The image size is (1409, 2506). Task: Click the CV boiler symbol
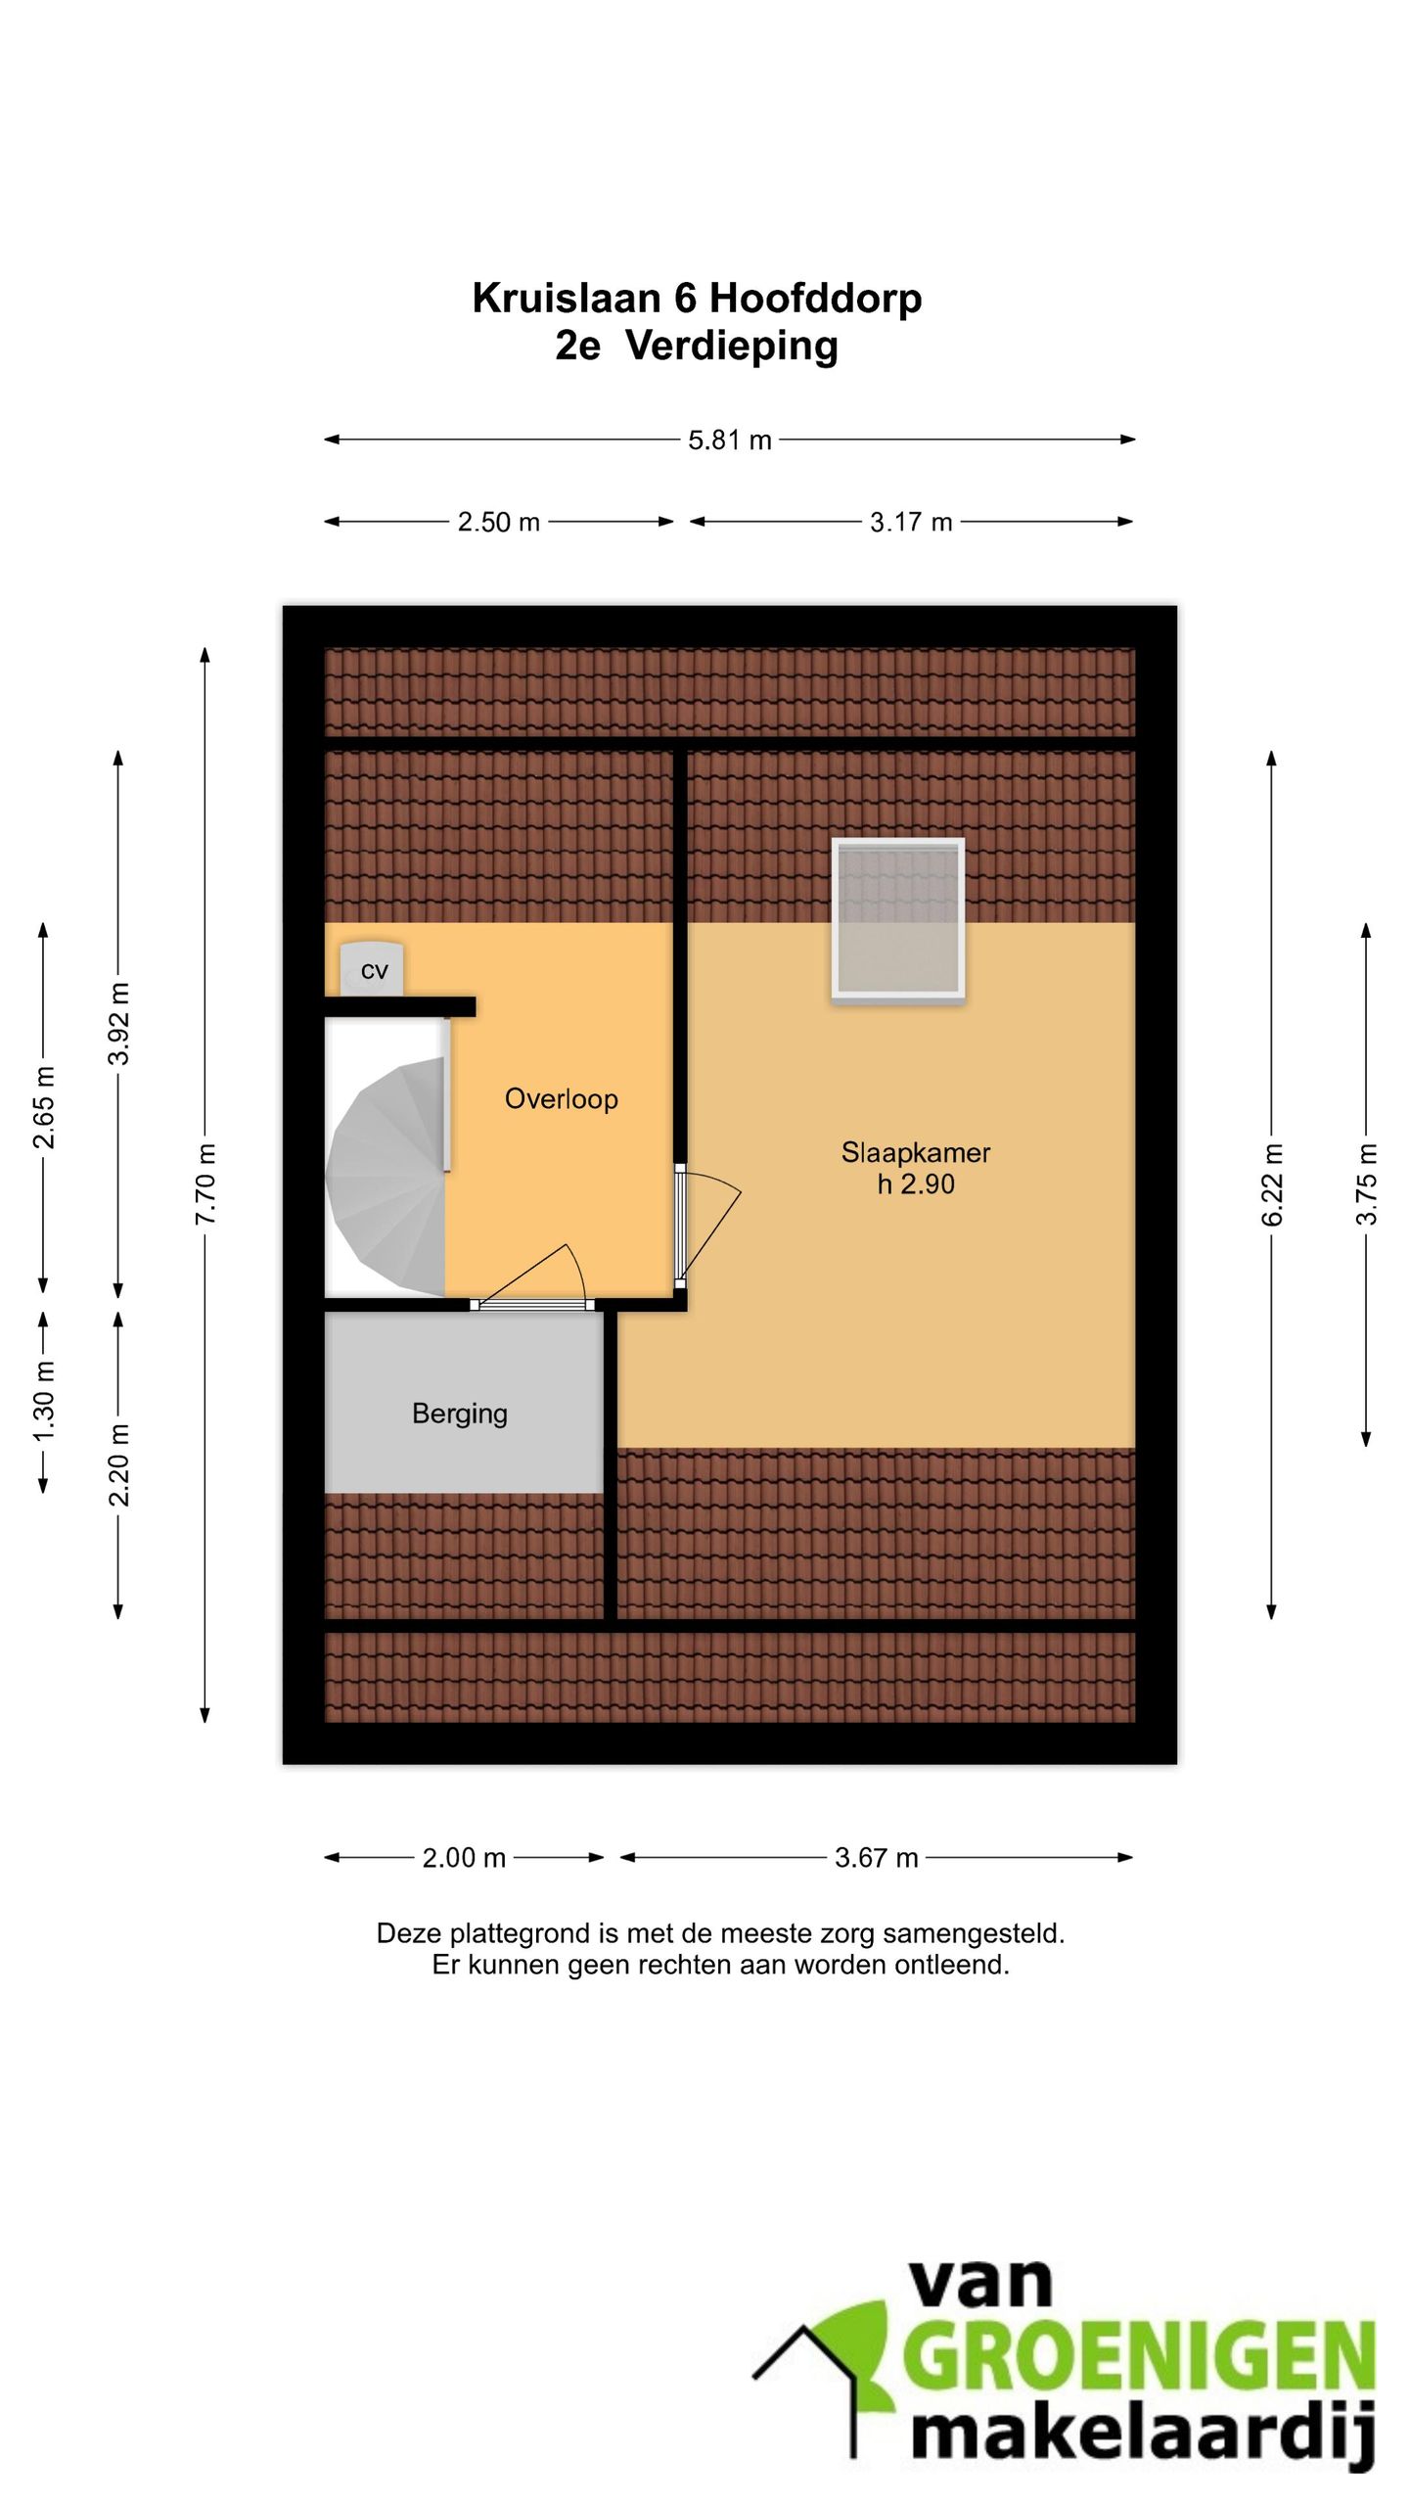372,969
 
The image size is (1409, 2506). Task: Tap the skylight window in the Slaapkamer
898,918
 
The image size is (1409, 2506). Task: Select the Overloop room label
561,1098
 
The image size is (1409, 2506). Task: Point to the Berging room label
459,1413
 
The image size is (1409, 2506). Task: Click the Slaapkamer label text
915,1152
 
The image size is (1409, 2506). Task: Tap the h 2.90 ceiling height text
915,1184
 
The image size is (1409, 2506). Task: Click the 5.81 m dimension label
729,441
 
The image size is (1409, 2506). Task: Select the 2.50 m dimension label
498,522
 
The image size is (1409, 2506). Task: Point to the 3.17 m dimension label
911,522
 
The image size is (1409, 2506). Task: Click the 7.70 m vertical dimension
205,1183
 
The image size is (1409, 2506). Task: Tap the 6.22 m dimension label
1271,1184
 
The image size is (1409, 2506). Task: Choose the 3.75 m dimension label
1366,1183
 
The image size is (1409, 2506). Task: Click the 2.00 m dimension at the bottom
464,1857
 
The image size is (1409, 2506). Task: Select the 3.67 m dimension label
876,1857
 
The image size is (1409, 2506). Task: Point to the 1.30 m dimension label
43,1401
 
